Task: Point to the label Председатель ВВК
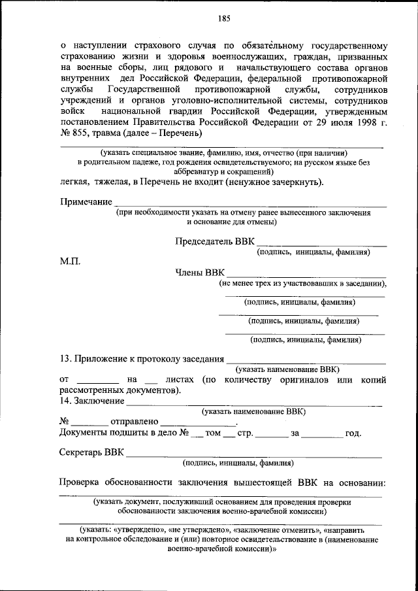[214, 241]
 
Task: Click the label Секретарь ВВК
[91, 452]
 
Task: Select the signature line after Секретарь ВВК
[254, 456]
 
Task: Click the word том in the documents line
[213, 433]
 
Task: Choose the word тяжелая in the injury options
[120, 182]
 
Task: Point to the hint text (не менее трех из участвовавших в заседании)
[302, 284]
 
